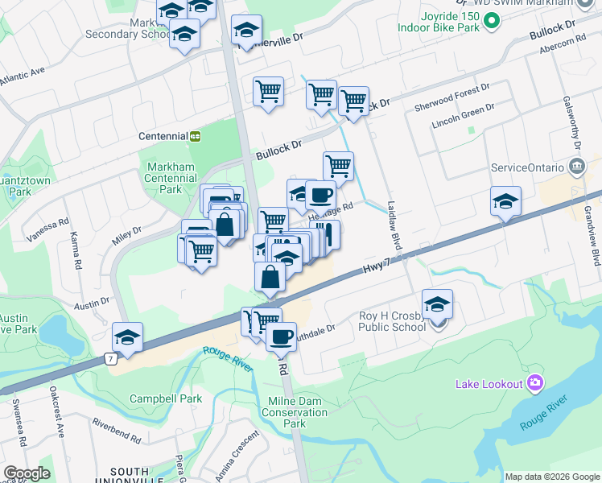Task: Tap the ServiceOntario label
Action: (x=529, y=168)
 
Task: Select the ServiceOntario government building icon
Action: (x=577, y=167)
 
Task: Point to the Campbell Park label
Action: (x=167, y=398)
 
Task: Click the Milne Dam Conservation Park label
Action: (x=295, y=412)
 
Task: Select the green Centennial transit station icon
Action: (x=196, y=136)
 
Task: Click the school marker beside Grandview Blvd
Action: (x=505, y=202)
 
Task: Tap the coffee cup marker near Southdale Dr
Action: (x=281, y=336)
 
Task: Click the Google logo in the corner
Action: (x=27, y=473)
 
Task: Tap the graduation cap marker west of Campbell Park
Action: (x=127, y=338)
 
